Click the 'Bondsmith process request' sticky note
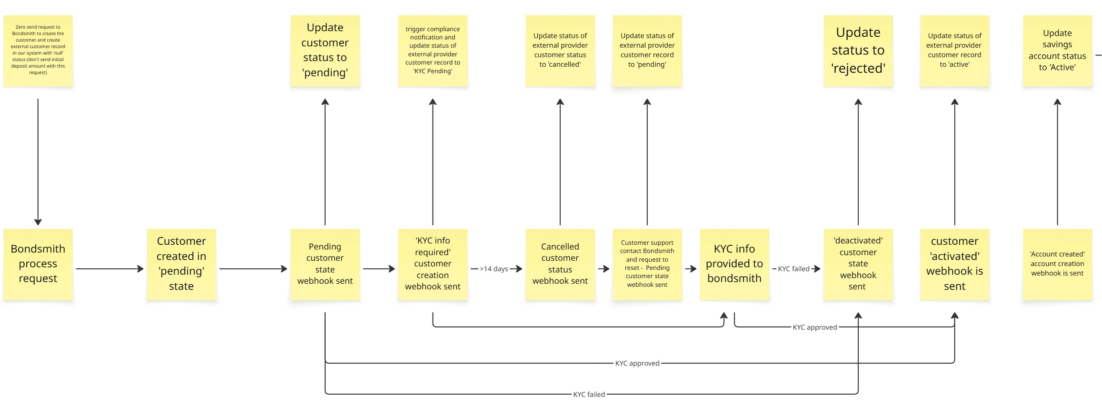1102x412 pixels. coord(38,264)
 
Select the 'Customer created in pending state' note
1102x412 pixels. coord(181,264)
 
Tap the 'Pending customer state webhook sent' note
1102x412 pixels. coord(325,264)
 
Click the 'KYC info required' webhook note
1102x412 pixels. coord(433,264)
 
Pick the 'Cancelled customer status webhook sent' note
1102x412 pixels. coord(560,264)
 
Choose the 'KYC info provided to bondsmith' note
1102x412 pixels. coord(734,264)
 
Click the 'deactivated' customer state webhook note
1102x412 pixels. coord(858,264)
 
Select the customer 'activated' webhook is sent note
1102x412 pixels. coord(954,264)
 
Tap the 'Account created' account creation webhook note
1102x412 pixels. coord(1057,264)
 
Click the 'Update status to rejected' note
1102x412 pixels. coord(858,51)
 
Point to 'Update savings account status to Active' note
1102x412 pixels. coord(1057,51)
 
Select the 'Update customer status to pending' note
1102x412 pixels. coord(325,51)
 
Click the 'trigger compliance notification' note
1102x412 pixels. coord(433,51)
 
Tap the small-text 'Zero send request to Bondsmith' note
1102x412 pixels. coord(38,51)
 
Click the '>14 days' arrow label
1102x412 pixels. coord(494,269)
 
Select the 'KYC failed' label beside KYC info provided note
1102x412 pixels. coord(793,269)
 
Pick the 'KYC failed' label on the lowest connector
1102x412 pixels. coord(589,394)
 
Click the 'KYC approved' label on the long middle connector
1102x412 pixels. coord(637,363)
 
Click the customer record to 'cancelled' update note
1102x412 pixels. coord(560,51)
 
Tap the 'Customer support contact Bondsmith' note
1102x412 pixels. coord(647,264)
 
